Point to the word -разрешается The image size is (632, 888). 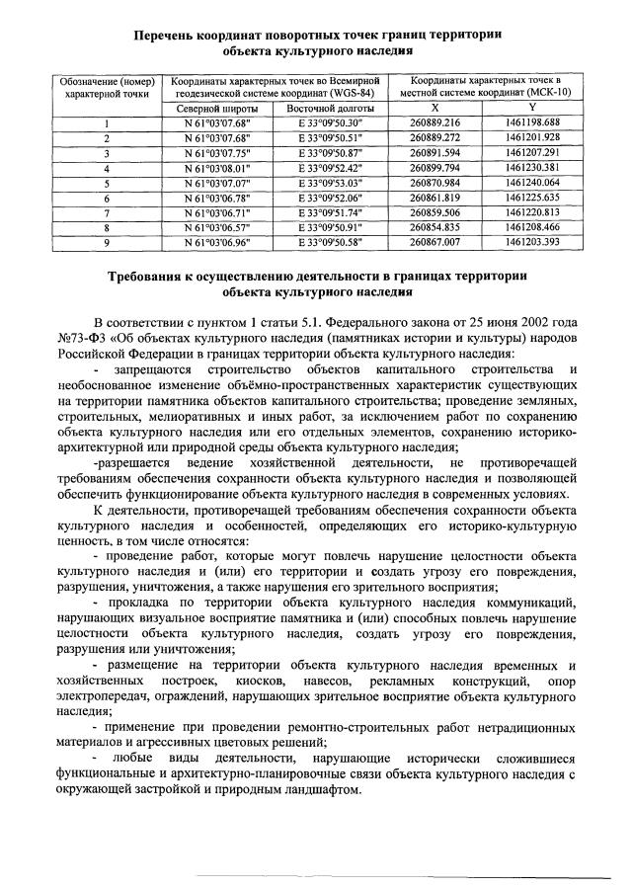[128, 462]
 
